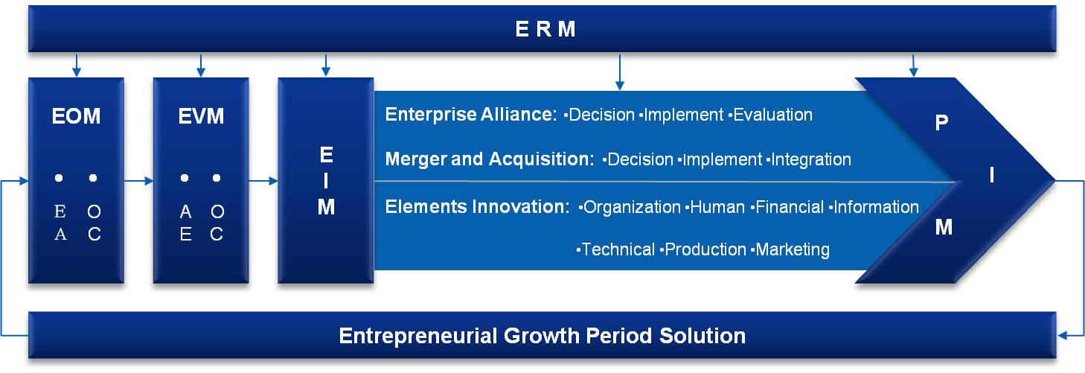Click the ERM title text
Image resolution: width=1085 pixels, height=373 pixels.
click(545, 29)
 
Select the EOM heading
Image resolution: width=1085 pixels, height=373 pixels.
click(76, 116)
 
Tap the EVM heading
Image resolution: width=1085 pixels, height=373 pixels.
click(201, 116)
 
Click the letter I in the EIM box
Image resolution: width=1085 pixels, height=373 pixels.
click(326, 181)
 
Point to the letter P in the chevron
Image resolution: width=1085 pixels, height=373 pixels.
click(941, 123)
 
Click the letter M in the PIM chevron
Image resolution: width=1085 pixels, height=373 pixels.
click(944, 227)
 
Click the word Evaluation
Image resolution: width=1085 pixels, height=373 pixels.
click(772, 115)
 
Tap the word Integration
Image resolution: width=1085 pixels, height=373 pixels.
click(811, 159)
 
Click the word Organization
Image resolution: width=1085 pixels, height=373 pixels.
click(632, 207)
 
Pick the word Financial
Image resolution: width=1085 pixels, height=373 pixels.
click(790, 207)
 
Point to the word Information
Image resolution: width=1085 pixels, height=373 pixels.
click(876, 207)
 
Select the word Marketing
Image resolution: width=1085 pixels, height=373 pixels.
click(793, 250)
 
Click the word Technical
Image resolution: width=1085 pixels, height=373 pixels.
click(618, 250)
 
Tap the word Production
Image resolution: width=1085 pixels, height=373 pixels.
click(705, 250)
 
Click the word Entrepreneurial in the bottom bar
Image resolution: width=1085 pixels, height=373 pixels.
click(418, 336)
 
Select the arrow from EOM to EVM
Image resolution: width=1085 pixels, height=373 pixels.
click(138, 181)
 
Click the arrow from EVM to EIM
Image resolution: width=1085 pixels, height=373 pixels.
click(263, 181)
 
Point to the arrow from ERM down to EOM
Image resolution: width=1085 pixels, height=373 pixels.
click(76, 66)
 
